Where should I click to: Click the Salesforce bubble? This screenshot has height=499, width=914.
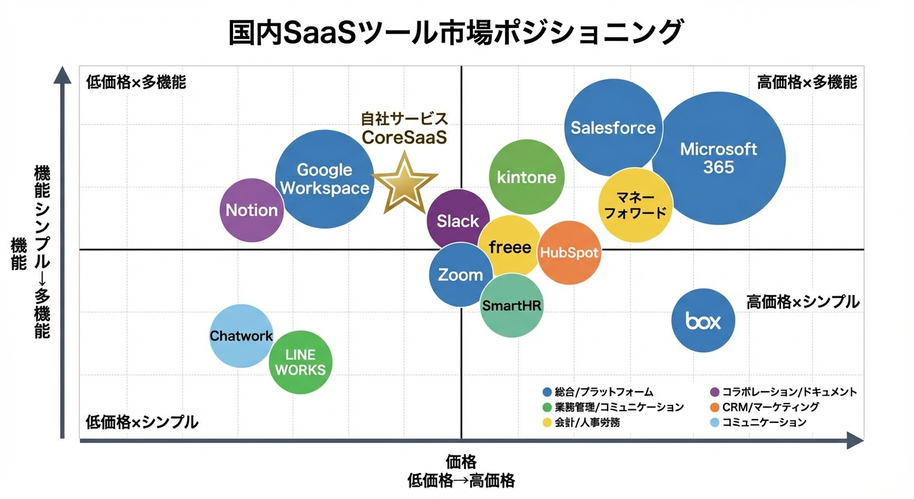pyautogui.click(x=613, y=128)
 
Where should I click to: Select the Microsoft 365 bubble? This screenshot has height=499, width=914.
pyautogui.click(x=719, y=158)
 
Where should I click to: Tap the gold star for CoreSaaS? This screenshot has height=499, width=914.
pyautogui.click(x=404, y=183)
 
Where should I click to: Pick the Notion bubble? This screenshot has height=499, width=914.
pyautogui.click(x=252, y=210)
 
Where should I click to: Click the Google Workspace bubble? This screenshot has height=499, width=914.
pyautogui.click(x=325, y=179)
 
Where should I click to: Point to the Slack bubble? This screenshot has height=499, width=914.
pyautogui.click(x=458, y=221)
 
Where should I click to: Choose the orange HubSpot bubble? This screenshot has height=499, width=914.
pyautogui.click(x=569, y=252)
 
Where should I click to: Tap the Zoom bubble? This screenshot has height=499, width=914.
pyautogui.click(x=460, y=274)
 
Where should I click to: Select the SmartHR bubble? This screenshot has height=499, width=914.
pyautogui.click(x=512, y=305)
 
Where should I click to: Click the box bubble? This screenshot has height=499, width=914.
pyautogui.click(x=703, y=320)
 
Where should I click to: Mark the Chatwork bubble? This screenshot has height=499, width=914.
pyautogui.click(x=241, y=336)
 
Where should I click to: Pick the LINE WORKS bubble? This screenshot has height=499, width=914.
pyautogui.click(x=301, y=363)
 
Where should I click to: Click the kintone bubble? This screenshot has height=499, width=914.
pyautogui.click(x=526, y=177)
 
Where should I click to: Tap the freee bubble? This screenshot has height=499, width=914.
pyautogui.click(x=510, y=248)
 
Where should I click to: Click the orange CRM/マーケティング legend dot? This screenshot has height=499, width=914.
pyautogui.click(x=715, y=407)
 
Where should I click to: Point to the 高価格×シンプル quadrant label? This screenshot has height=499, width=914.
pyautogui.click(x=802, y=302)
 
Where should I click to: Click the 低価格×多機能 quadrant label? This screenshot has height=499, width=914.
pyautogui.click(x=136, y=83)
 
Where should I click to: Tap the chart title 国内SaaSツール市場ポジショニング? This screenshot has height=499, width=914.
pyautogui.click(x=456, y=32)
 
